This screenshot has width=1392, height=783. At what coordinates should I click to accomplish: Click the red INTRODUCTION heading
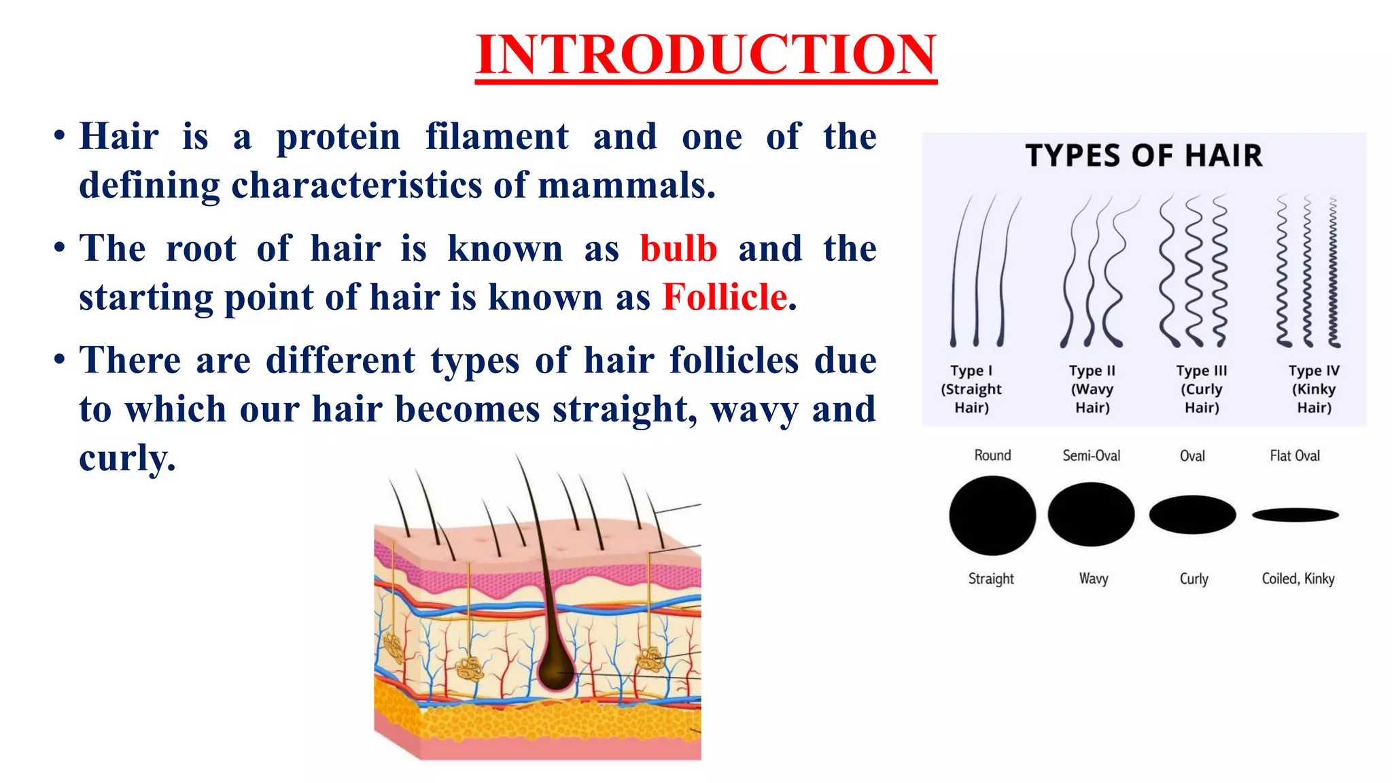click(706, 54)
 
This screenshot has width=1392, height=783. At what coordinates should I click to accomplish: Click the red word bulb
click(678, 249)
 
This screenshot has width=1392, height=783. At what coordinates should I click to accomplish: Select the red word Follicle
click(725, 298)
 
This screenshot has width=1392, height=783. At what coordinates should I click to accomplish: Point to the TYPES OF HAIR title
click(1144, 156)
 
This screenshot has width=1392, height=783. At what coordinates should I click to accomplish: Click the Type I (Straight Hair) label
click(971, 389)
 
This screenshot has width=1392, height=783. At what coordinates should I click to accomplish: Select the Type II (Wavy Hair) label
click(1092, 389)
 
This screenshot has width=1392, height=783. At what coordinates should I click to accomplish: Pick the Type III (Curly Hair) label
click(1202, 389)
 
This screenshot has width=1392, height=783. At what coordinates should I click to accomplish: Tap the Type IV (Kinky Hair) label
click(1314, 389)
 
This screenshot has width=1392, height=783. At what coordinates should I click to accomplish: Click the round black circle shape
click(992, 515)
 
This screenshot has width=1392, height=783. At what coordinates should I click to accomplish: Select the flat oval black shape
click(1295, 515)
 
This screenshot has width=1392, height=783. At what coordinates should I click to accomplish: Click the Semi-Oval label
click(1091, 455)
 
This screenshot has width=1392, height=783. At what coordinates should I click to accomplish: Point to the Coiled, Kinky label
click(1298, 578)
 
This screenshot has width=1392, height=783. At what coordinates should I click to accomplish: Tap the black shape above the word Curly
click(1192, 515)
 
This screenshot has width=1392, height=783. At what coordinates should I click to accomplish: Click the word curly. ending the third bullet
click(127, 458)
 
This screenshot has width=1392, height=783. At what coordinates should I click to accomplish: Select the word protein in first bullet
click(338, 137)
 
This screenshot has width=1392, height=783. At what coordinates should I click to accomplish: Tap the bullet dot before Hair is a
click(60, 135)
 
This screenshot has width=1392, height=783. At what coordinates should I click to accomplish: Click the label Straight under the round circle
click(991, 578)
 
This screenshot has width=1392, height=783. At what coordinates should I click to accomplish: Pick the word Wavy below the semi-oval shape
click(1094, 578)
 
